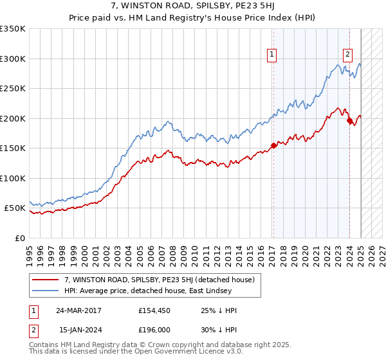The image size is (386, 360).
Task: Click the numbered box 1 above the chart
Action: pyautogui.click(x=273, y=55)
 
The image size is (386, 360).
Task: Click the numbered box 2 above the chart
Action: pyautogui.click(x=347, y=55)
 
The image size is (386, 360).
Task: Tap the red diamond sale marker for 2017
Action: pyautogui.click(x=273, y=145)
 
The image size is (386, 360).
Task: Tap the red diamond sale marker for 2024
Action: pyautogui.click(x=349, y=120)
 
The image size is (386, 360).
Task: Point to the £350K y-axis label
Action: pyautogui.click(x=12, y=29)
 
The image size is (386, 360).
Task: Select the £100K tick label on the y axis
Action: pyautogui.click(x=12, y=178)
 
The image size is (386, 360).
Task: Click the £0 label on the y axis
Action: pyautogui.click(x=19, y=238)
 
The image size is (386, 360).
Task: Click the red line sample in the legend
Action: pyautogui.click(x=46, y=280)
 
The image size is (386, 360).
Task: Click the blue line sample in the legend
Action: pyautogui.click(x=46, y=291)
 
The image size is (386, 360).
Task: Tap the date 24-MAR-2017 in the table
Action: pyautogui.click(x=78, y=310)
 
